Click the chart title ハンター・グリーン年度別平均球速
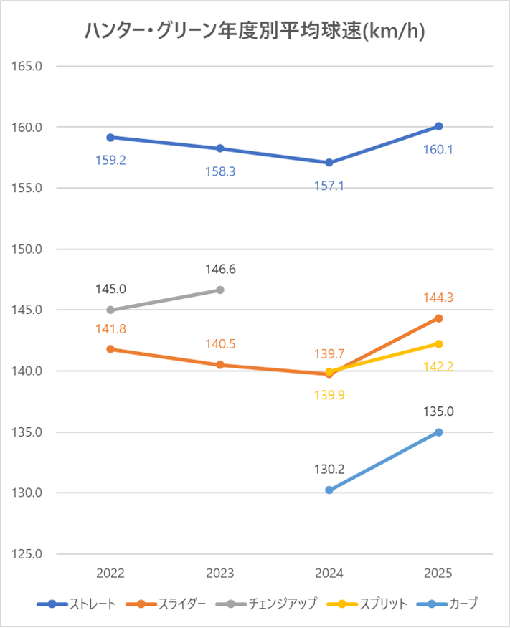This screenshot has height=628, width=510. point(255,31)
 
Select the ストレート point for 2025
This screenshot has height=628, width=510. point(439,126)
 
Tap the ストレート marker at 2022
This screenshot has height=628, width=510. point(110,137)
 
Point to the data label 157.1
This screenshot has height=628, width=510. point(329,186)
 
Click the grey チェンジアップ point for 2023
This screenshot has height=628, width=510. point(220,290)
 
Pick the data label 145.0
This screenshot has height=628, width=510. point(110,289)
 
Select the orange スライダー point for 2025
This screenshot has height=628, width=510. point(439,318)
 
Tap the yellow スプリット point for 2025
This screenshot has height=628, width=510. point(439,344)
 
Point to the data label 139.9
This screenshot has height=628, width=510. point(329,393)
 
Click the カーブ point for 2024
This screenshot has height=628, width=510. point(329,490)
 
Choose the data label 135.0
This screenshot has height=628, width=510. point(439,411)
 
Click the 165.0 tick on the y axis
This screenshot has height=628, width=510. point(29,66)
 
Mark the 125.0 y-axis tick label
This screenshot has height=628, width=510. point(29,554)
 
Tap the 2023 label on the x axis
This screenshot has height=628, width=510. point(220,574)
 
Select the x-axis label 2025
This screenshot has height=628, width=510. point(439,574)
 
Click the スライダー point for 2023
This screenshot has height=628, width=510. point(220,365)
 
